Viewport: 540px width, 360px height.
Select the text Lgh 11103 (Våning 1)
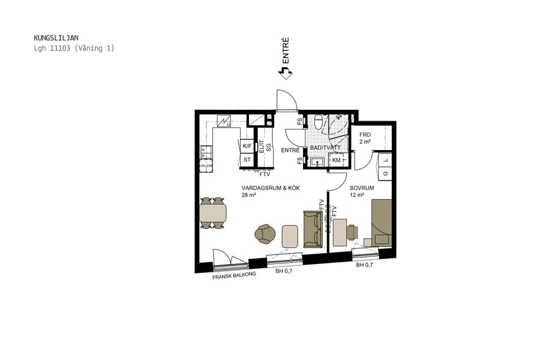coord(74,48)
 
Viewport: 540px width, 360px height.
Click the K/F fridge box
coord(247,146)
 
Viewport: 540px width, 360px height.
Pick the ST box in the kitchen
coord(247,160)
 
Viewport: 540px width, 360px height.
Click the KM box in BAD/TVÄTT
coord(337,160)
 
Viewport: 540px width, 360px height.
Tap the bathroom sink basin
coord(316,161)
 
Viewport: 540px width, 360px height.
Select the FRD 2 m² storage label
coord(365,138)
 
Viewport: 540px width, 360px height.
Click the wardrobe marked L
coord(385,160)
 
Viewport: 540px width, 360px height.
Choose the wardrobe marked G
coord(385,174)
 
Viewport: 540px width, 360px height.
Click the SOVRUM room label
coord(362,188)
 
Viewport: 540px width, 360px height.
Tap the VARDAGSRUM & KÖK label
coord(270,188)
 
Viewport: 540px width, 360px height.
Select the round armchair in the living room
coord(265,234)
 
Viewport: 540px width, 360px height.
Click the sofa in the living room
coord(313,229)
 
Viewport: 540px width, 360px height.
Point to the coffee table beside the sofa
coord(290,236)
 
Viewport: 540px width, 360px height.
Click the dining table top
coord(213,213)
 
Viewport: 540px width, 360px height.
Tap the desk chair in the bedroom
coord(352,231)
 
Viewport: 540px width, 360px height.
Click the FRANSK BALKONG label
coord(234,275)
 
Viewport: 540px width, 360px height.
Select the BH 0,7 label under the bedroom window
coord(364,265)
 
